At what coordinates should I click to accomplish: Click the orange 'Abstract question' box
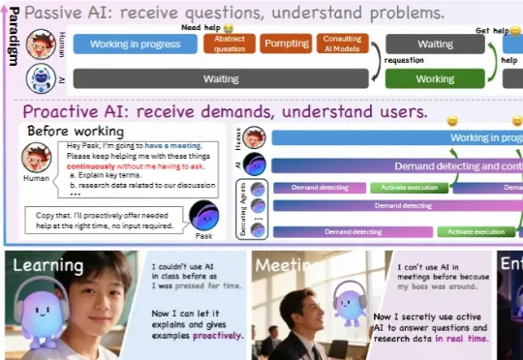click(x=229, y=45)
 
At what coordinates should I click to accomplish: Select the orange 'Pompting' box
click(x=286, y=45)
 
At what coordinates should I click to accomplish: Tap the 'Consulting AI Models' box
click(x=343, y=45)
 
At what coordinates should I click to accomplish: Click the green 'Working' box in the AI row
click(x=435, y=78)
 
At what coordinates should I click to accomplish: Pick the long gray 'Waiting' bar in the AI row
click(x=221, y=78)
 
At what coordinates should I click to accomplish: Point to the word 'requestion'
click(x=404, y=59)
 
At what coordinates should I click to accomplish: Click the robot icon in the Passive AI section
click(x=41, y=77)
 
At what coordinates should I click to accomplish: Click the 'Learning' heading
click(x=47, y=263)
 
